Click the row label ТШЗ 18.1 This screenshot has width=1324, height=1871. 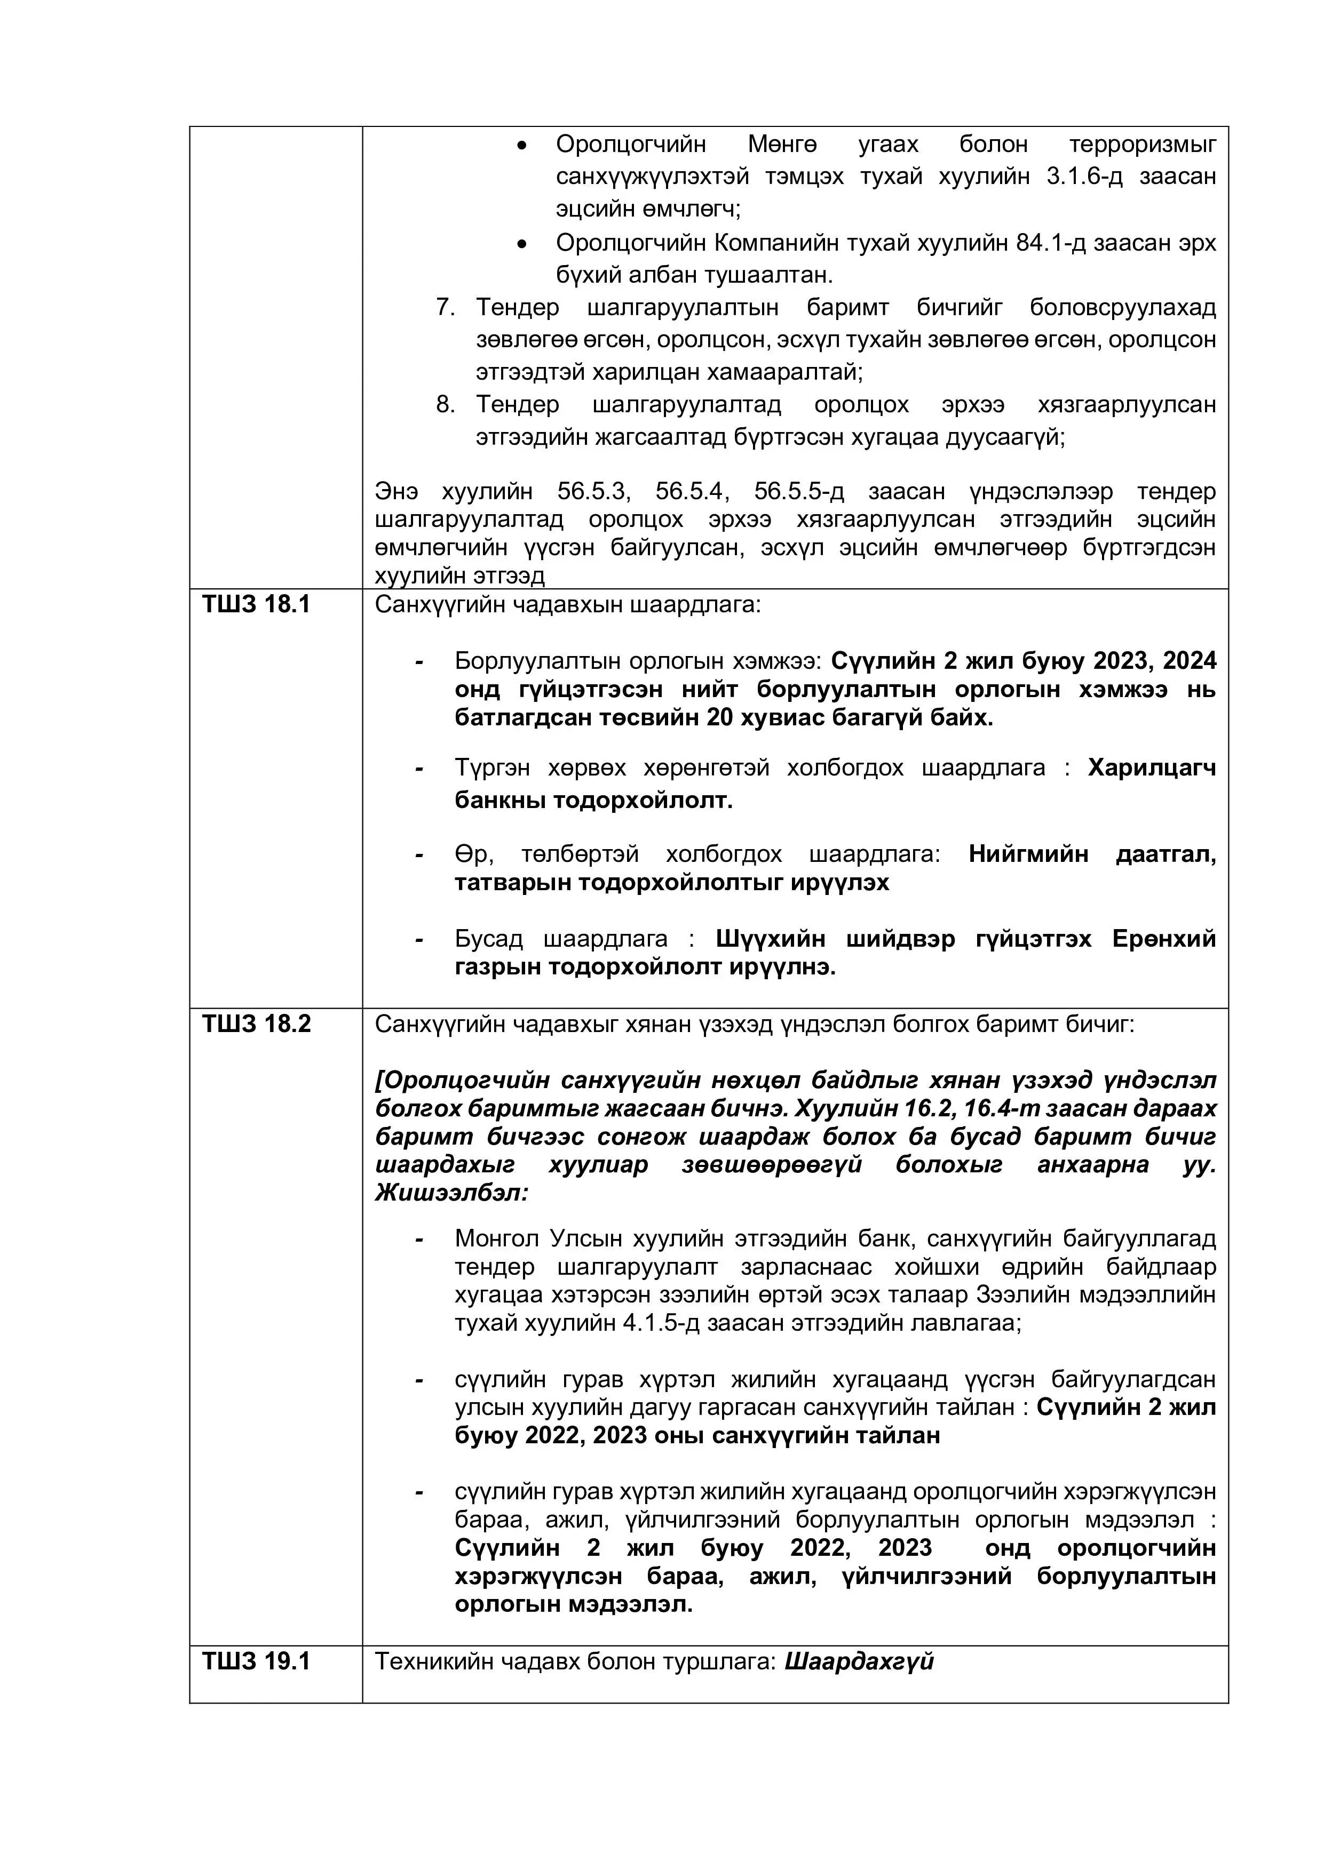256,605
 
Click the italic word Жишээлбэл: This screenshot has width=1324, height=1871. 451,1193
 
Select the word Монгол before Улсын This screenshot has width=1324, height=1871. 498,1238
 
